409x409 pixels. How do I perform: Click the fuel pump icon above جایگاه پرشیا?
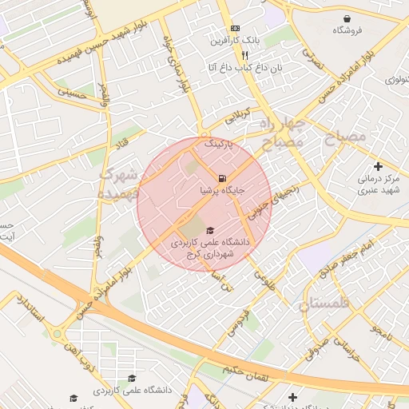tap(221, 177)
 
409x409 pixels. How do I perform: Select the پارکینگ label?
tap(222, 145)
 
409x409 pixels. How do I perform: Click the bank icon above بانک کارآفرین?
tap(234, 28)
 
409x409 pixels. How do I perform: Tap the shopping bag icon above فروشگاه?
tap(347, 18)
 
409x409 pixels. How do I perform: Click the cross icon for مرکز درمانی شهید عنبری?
tap(378, 166)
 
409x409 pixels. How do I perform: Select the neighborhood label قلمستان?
tap(325, 304)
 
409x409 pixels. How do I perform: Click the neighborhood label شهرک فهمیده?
tap(119, 183)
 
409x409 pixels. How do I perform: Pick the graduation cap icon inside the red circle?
tap(210, 230)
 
